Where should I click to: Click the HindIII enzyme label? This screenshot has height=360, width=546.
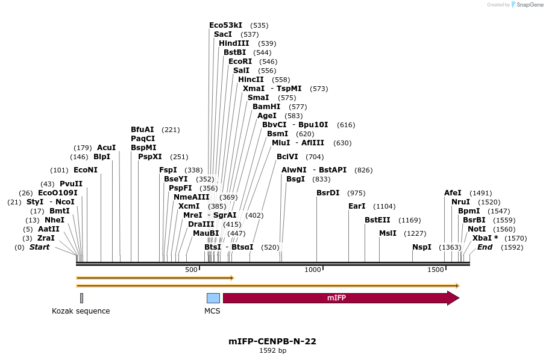click(x=234, y=43)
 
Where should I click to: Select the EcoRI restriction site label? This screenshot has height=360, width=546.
click(x=240, y=62)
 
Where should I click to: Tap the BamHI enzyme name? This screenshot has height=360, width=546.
click(x=266, y=107)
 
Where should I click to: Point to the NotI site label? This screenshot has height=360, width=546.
click(x=476, y=229)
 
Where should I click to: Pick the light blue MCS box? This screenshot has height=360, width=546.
click(x=213, y=298)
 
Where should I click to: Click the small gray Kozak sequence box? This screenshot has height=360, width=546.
click(x=81, y=298)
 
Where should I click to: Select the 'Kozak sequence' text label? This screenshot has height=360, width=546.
click(x=81, y=311)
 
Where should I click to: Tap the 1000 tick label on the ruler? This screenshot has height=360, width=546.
click(x=313, y=270)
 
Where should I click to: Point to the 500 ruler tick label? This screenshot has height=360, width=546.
click(x=191, y=270)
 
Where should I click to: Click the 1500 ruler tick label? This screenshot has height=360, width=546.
click(x=435, y=270)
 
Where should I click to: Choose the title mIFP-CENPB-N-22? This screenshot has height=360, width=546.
click(x=272, y=341)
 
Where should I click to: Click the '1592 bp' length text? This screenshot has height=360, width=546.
click(x=272, y=350)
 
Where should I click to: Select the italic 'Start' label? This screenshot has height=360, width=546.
click(x=39, y=247)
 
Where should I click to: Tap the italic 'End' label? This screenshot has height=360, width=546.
click(x=485, y=247)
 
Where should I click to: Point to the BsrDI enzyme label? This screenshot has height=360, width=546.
click(x=328, y=193)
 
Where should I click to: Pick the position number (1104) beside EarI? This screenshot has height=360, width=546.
click(x=384, y=206)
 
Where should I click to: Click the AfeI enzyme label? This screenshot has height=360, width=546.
click(x=453, y=193)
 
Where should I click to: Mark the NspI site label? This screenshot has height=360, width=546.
click(x=422, y=247)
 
